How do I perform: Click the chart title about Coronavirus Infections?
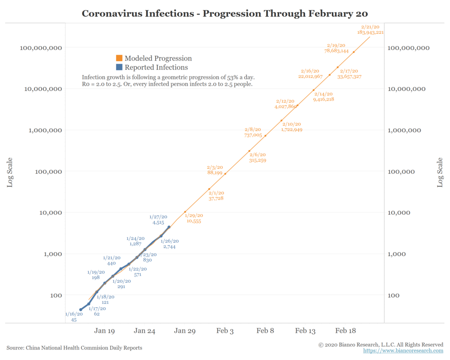[225, 13]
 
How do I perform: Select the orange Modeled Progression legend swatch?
[119, 58]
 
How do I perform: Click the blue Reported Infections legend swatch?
[119, 68]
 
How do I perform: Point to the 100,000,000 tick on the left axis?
[40, 47]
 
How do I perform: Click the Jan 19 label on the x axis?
[105, 331]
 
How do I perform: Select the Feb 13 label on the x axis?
[305, 331]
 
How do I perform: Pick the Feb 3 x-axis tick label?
[225, 331]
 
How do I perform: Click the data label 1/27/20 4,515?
[158, 220]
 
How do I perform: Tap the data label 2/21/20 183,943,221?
[370, 29]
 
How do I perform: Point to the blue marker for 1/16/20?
[80, 310]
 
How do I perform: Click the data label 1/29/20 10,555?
[194, 218]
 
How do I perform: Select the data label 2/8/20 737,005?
[253, 133]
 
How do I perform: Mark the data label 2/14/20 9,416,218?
[323, 97]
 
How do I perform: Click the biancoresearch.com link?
[403, 351]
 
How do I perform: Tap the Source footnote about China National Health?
[74, 348]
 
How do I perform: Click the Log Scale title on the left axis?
[10, 172]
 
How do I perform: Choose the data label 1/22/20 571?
[138, 272]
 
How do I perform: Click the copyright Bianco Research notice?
[381, 345]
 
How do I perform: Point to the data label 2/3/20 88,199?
[215, 170]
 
